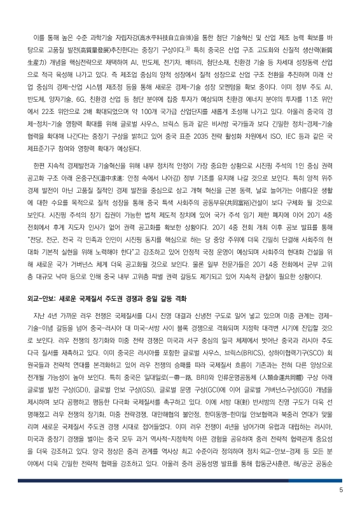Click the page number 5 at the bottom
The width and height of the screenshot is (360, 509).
tap(341, 491)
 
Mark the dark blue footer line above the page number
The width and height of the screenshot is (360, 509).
tap(180, 480)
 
